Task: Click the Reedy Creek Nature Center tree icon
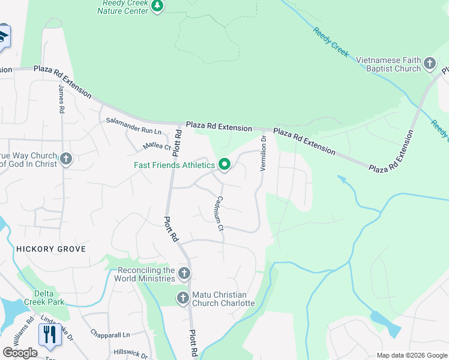tap(157, 7)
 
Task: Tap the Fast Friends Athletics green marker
tap(224, 164)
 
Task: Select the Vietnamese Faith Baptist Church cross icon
tap(430, 63)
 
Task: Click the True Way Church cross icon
tap(66, 159)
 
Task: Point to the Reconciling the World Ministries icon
tap(184, 274)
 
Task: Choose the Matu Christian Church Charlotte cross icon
tap(183, 298)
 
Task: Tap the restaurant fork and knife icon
tap(48, 334)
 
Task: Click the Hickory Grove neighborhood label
tap(43, 248)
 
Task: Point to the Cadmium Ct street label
tap(219, 214)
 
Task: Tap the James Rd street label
tap(61, 99)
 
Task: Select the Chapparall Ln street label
tap(110, 334)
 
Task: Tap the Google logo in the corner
tap(20, 352)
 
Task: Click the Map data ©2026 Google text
tap(411, 355)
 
